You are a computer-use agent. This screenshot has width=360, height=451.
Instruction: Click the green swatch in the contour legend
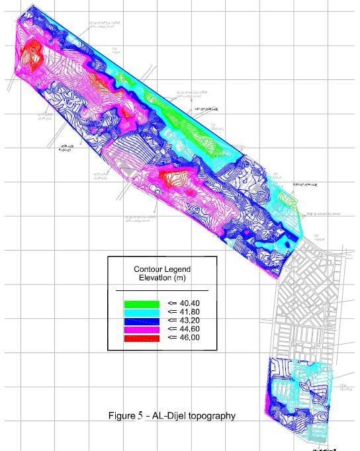click(x=142, y=304)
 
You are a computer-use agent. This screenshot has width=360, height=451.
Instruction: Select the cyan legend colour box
click(x=142, y=312)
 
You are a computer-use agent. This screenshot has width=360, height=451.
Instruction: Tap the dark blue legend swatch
click(x=142, y=321)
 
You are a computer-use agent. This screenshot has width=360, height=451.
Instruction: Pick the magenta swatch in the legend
click(x=142, y=329)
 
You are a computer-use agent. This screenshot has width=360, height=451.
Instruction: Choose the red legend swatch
click(x=142, y=338)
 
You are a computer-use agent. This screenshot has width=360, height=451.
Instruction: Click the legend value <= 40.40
click(x=183, y=304)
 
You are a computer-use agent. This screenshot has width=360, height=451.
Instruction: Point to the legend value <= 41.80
click(x=183, y=312)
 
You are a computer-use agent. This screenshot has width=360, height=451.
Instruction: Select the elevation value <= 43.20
click(x=183, y=321)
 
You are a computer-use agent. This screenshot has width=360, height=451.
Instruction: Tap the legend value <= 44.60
click(x=183, y=329)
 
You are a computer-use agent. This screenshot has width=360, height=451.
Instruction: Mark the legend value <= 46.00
click(x=183, y=338)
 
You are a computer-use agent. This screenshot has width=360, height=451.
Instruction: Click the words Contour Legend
click(x=161, y=269)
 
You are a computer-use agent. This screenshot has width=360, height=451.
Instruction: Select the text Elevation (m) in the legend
click(x=161, y=278)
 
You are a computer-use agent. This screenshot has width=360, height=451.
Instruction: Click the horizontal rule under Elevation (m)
click(x=161, y=290)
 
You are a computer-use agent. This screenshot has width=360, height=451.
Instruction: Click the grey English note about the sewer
click(x=322, y=214)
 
